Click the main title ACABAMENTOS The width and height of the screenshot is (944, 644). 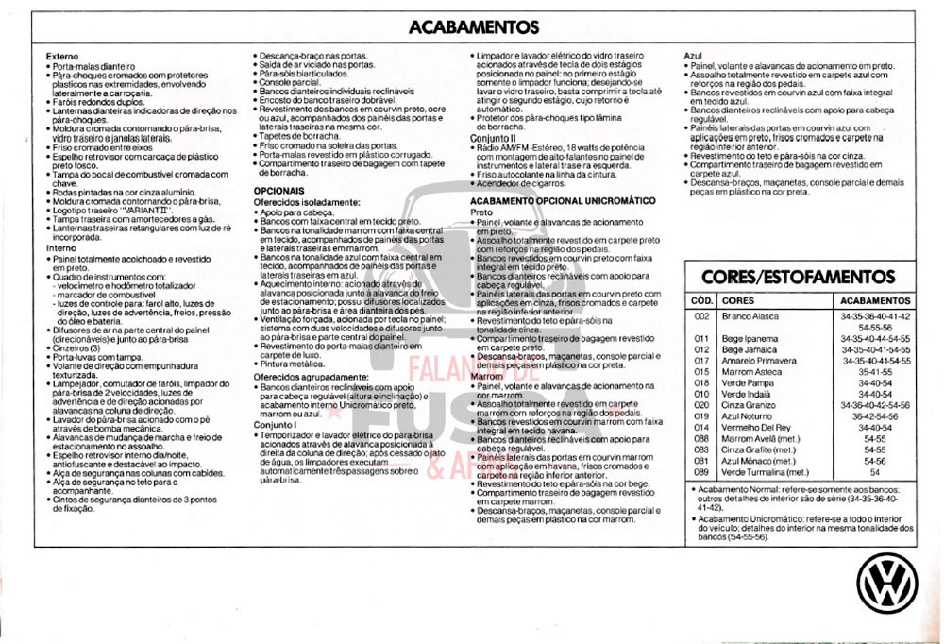pos(474,27)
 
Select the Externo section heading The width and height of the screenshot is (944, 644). pos(62,57)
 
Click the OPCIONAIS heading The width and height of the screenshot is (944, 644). pos(278,190)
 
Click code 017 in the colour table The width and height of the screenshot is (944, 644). pos(700,361)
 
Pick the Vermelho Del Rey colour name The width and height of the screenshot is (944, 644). pos(756,427)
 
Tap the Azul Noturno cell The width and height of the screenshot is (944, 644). pos(747,416)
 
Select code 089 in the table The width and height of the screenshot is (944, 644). pos(700,472)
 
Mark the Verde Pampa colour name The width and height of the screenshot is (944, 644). pos(747,382)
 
